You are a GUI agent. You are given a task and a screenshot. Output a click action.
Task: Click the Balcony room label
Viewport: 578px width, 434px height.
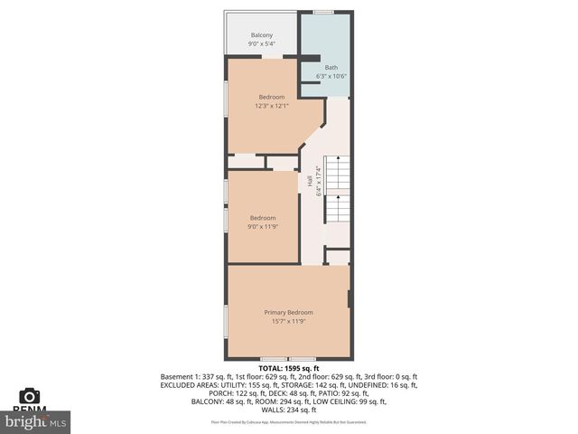coord(261,35)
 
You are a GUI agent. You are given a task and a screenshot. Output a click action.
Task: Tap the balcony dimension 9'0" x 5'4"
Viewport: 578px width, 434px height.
coord(261,44)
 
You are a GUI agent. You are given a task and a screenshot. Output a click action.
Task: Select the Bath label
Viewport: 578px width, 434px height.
coord(331,67)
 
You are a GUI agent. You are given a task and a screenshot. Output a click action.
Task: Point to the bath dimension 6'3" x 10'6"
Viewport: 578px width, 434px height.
coord(331,76)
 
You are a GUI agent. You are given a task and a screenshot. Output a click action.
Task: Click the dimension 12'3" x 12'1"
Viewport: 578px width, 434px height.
coord(272,106)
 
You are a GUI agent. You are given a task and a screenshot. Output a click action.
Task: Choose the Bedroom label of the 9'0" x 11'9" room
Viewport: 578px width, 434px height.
coord(263,217)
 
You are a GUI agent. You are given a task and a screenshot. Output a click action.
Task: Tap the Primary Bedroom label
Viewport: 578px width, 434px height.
coord(288,312)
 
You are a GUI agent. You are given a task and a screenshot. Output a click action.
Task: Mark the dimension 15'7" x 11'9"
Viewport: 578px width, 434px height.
coord(288,321)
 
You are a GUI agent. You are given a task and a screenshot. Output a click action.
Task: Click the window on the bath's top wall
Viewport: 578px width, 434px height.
coord(322,12)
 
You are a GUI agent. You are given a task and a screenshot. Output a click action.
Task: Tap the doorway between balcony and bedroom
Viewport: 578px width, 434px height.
coord(272,57)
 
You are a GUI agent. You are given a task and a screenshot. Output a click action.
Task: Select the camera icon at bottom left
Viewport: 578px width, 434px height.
coord(30,396)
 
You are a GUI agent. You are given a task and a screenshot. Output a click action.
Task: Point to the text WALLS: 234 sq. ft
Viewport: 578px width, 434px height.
coord(289,409)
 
